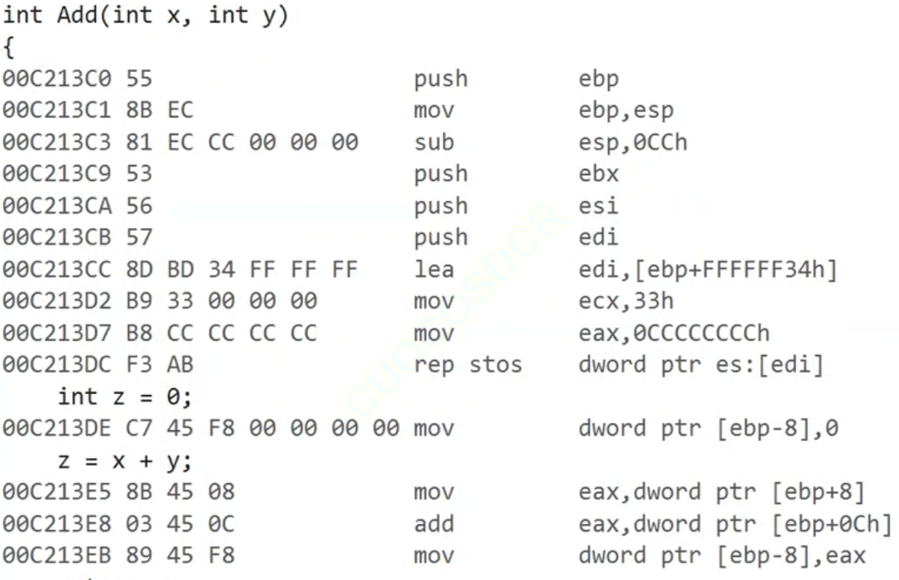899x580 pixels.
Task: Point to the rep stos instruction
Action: pyautogui.click(x=468, y=364)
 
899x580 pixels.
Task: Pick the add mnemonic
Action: pyautogui.click(x=434, y=524)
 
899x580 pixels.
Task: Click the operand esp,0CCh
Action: pyautogui.click(x=633, y=143)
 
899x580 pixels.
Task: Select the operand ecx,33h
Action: pyautogui.click(x=626, y=301)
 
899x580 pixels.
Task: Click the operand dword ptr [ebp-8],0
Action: pyautogui.click(x=708, y=428)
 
